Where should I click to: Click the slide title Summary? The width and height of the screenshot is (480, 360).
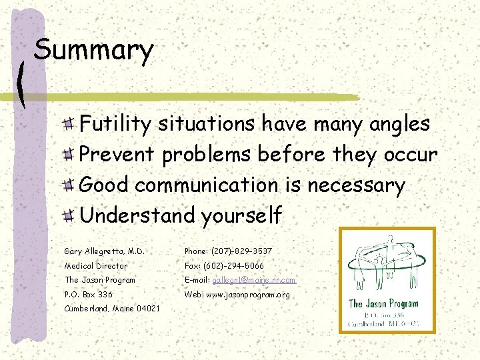93,51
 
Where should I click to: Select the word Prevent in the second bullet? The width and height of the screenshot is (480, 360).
118,154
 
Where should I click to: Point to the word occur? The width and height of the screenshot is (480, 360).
410,154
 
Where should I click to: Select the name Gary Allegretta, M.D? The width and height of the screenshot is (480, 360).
104,251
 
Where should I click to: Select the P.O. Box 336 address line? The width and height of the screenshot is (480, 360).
88,295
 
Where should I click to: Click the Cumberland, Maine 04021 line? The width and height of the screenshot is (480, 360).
112,309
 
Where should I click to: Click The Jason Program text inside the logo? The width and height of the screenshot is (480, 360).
384,304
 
